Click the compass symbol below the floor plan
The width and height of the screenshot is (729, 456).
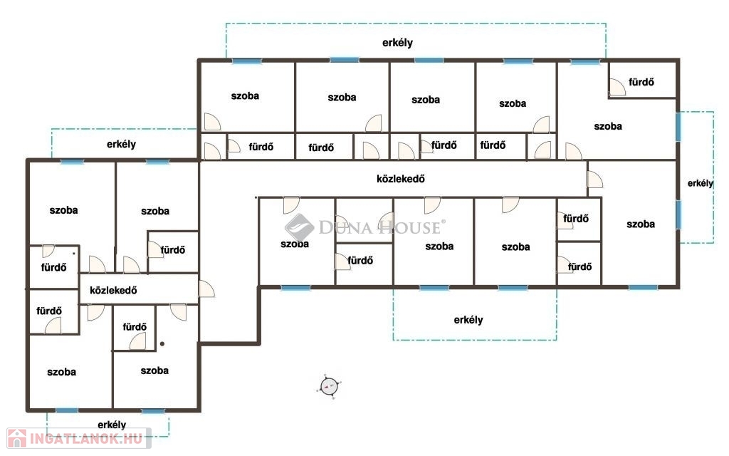329,386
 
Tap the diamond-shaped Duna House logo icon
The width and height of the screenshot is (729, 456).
300,227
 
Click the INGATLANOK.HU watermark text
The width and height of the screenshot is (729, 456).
86,439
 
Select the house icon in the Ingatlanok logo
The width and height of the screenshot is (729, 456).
17,438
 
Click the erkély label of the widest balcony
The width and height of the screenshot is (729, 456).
397,43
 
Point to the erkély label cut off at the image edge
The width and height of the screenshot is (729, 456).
701,183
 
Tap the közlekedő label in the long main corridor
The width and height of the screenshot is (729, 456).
400,179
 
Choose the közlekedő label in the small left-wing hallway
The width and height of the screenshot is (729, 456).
113,291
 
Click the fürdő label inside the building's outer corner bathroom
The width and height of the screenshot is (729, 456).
641,83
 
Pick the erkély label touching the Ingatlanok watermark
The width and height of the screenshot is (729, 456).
112,425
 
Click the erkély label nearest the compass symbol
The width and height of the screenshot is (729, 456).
468,320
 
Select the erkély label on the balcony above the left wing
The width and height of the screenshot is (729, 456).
121,144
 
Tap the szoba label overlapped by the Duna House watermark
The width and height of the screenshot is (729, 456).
295,244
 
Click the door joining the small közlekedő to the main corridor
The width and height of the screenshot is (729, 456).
206,289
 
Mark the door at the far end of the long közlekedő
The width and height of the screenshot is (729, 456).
595,180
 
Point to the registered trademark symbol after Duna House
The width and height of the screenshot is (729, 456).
443,222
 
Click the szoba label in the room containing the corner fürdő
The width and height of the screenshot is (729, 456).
608,127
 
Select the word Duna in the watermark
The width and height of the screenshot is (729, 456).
346,227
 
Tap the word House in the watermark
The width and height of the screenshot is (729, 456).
409,227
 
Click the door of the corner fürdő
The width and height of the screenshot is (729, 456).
617,87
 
